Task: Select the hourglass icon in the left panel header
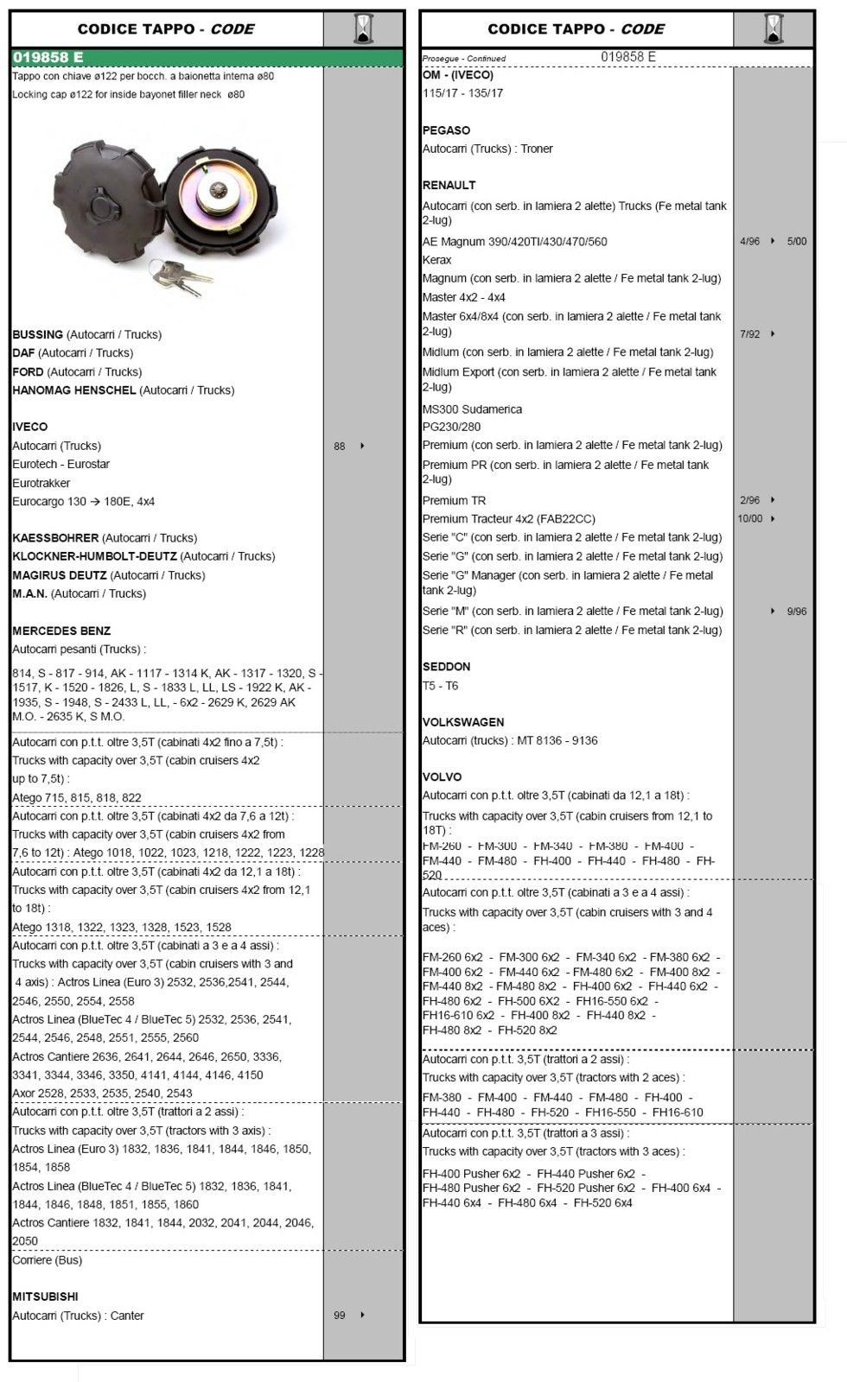coord(364,29)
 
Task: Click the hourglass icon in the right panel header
coord(774,29)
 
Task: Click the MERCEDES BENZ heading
coord(61,631)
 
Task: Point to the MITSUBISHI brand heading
coord(45,1296)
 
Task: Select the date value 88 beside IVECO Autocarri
coord(340,447)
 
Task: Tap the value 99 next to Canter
coord(340,1315)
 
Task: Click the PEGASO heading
coord(446,130)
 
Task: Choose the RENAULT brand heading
coord(449,185)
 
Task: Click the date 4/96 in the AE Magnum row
coord(749,242)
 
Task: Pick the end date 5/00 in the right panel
coord(796,242)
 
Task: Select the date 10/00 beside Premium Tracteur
coord(749,519)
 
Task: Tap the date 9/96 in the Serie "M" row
coord(796,612)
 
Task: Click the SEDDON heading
coord(446,667)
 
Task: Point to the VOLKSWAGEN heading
coord(462,722)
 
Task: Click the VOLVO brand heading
coord(442,777)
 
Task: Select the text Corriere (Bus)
coord(47,1260)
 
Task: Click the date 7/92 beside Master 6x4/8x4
coord(749,334)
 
